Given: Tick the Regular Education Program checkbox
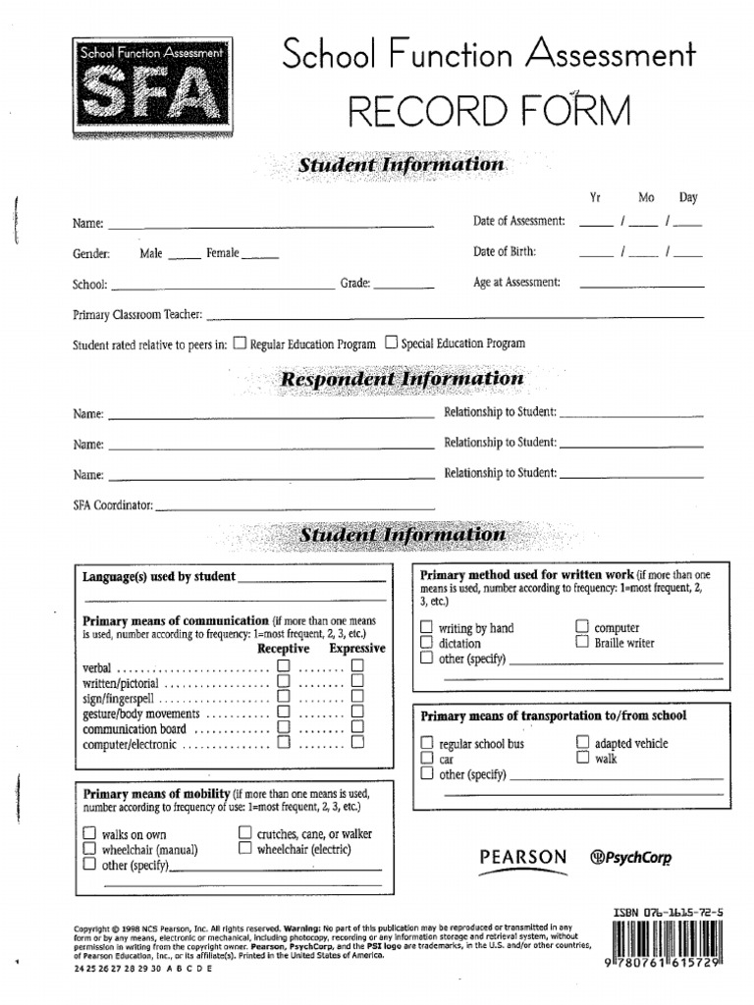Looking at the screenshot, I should pos(241,343).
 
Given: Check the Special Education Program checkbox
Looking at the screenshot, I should pos(392,343).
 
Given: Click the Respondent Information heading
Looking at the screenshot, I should pos(403,379).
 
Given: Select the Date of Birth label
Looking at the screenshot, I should pos(505,252).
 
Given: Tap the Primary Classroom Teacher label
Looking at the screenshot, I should pos(137,315).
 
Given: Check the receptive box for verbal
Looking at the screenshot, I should pos(284,666).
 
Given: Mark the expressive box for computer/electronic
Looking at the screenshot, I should pos(357,743).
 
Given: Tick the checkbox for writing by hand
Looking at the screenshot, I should pos(426,627).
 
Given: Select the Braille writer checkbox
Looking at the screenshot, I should pos(582,642).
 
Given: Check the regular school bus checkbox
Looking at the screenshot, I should pos(426,744).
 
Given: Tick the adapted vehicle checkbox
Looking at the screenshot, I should pos(582,743).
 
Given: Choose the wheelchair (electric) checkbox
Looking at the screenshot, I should pos(244,849).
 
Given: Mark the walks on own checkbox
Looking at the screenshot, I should pos(89,834).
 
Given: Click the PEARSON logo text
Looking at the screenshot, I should pos(523,857).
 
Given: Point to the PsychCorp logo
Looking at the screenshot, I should pos(629,857).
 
